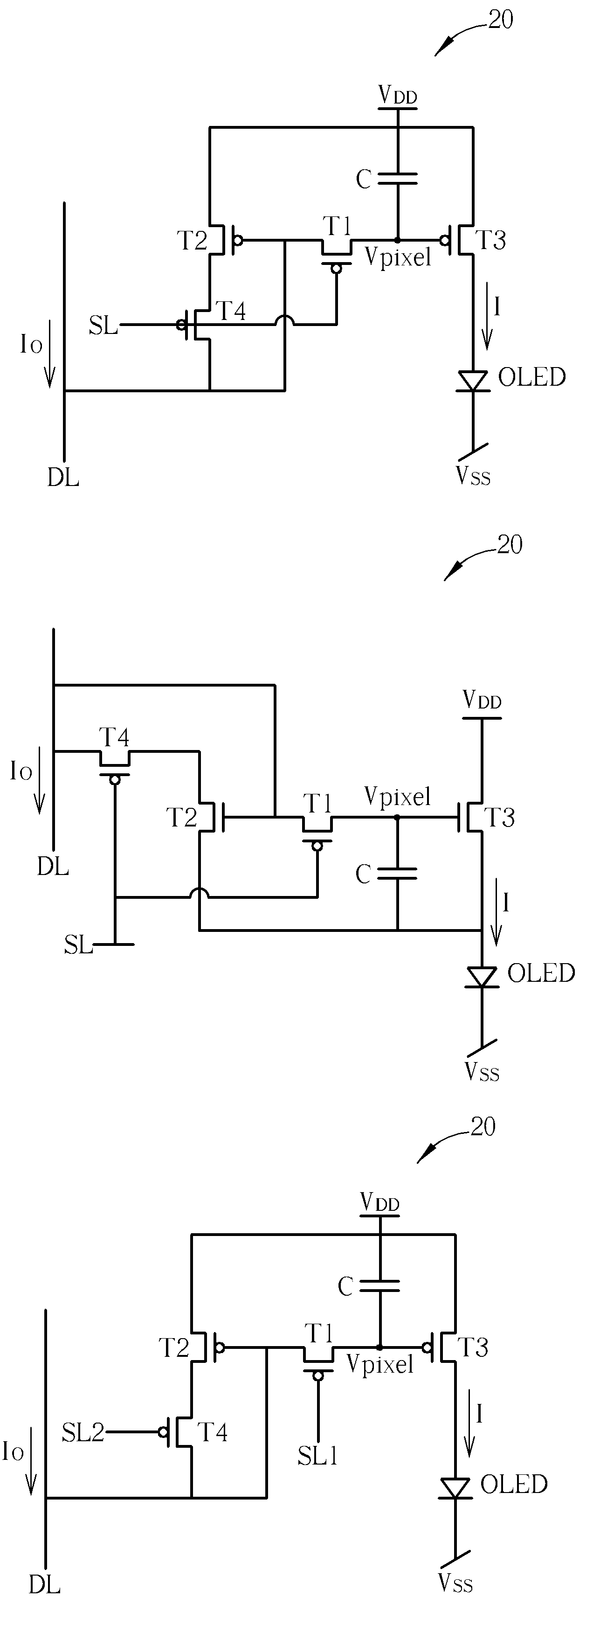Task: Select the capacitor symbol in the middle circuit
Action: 397,873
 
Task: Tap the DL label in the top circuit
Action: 63,478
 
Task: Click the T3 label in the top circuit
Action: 490,240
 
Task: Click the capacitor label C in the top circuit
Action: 364,179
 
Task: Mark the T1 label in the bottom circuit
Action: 319,1333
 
